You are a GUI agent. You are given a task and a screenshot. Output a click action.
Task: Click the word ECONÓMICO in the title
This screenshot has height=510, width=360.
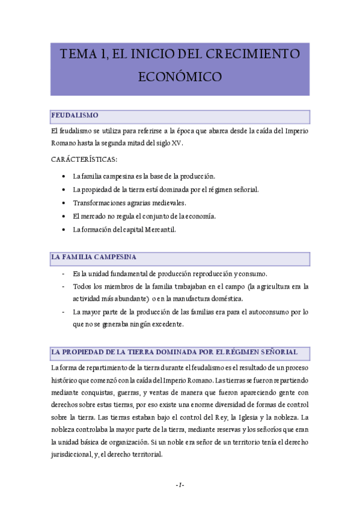tap(180, 77)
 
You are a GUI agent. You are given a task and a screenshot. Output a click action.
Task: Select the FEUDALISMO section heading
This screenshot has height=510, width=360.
tap(75, 115)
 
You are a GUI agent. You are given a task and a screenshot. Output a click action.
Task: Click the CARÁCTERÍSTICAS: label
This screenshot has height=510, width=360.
tap(85, 159)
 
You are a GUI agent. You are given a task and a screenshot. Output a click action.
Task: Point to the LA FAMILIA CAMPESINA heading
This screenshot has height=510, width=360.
tap(94, 257)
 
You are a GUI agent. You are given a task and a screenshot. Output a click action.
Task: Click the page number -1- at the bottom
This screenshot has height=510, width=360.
tap(180, 485)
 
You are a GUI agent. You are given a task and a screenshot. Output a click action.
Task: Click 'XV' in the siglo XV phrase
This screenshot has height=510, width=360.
tap(176, 143)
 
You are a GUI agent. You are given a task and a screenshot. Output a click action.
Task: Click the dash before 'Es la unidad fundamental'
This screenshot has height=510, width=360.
tap(64, 273)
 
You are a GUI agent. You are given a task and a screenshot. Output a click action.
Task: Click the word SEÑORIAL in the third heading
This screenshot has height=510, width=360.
tap(273, 351)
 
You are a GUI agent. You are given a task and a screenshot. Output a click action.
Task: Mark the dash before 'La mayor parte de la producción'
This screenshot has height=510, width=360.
tap(64, 312)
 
